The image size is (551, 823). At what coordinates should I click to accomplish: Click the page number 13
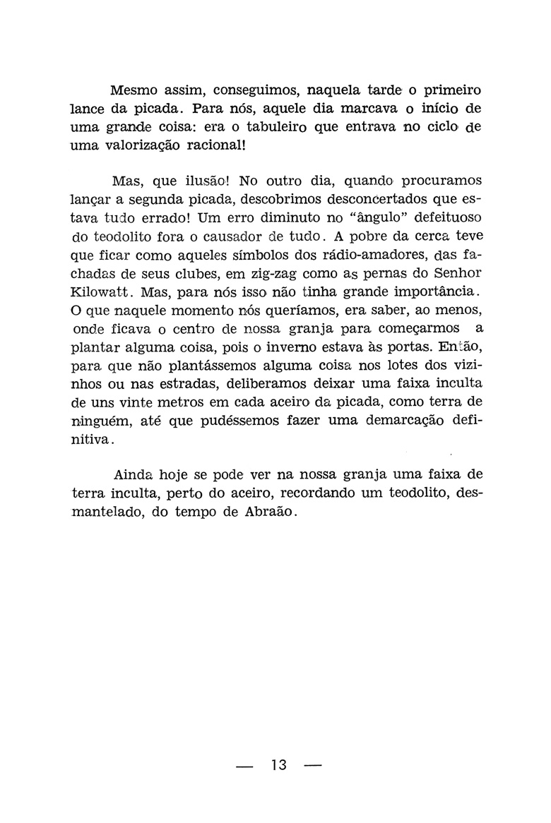(x=278, y=764)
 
